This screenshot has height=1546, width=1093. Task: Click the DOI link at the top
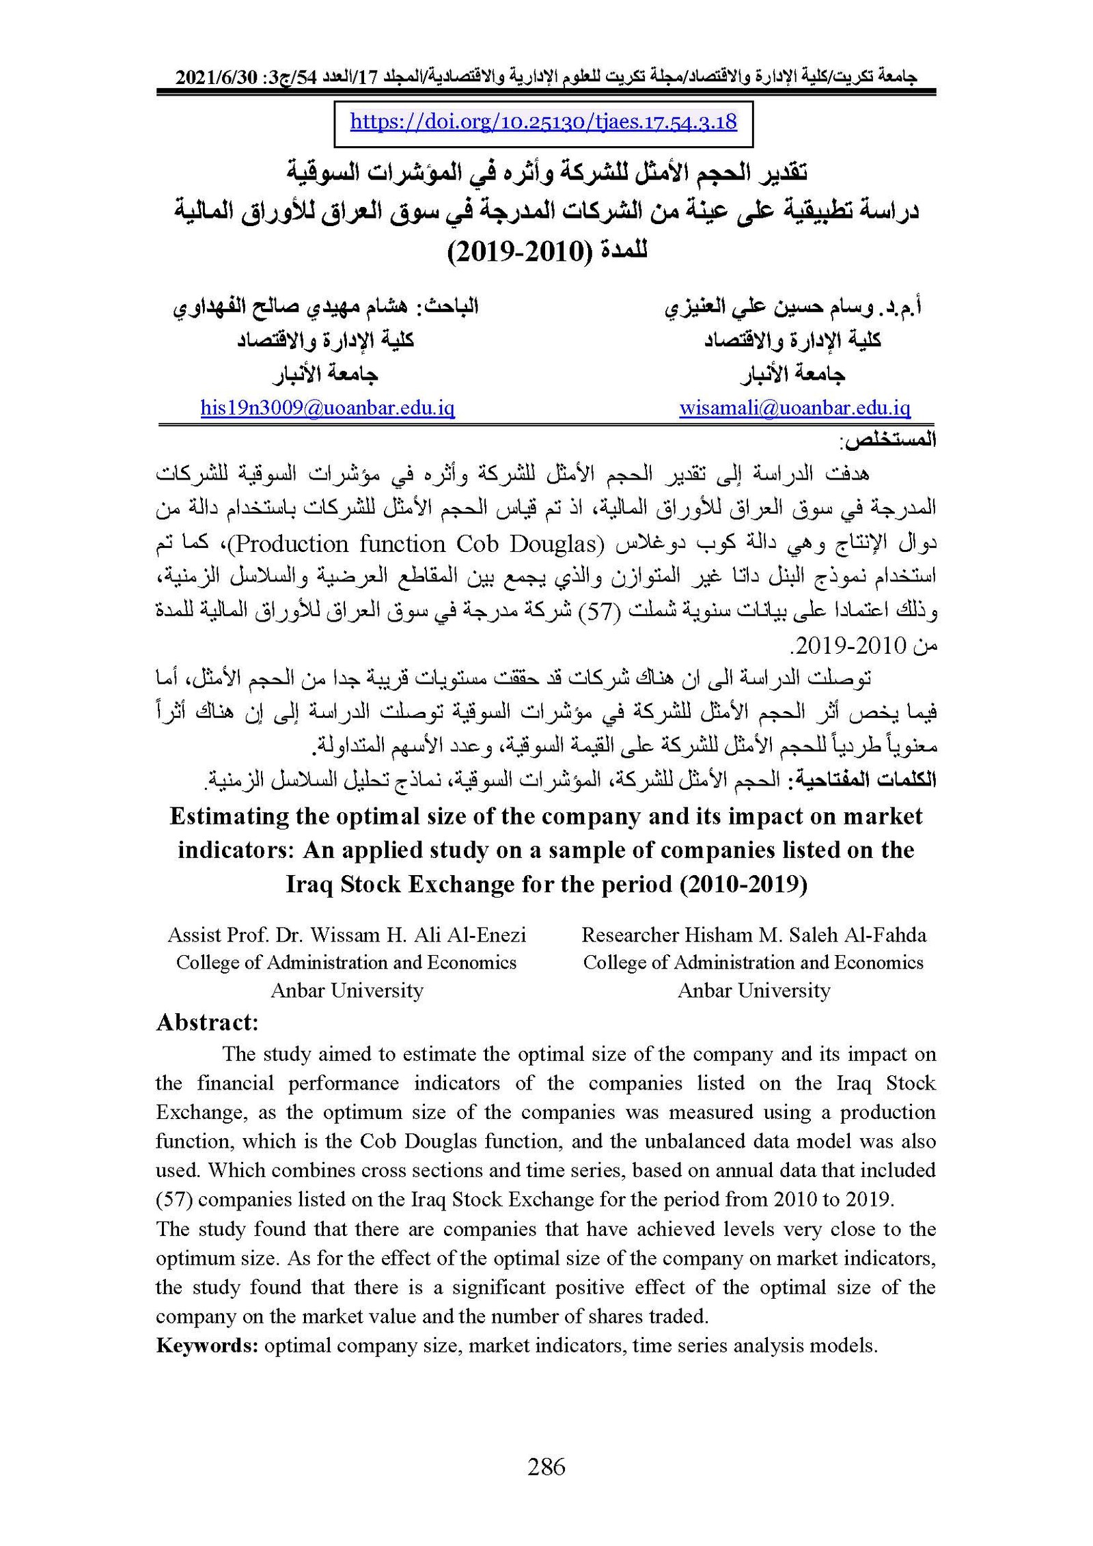[543, 122]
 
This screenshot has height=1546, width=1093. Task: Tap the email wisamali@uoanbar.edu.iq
[794, 409]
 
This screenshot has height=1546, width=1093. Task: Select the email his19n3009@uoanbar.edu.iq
[327, 409]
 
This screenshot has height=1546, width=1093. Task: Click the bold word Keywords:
[207, 1345]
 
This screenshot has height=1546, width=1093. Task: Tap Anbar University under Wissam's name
[347, 990]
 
